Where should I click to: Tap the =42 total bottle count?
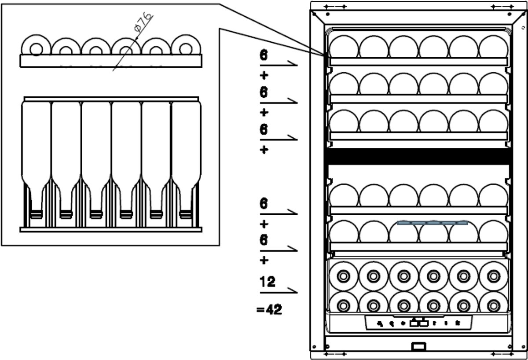(x=269, y=309)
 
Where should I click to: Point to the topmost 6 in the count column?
(x=263, y=56)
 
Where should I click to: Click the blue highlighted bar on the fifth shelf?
(x=433, y=223)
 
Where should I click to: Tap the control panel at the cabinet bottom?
(x=418, y=323)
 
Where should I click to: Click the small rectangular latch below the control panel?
(x=418, y=347)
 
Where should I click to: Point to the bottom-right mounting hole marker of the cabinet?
(x=501, y=353)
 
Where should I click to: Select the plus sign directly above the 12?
(x=264, y=260)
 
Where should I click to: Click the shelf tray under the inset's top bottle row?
(x=111, y=60)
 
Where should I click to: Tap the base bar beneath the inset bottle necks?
(x=111, y=229)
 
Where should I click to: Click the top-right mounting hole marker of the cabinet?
(x=501, y=7)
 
